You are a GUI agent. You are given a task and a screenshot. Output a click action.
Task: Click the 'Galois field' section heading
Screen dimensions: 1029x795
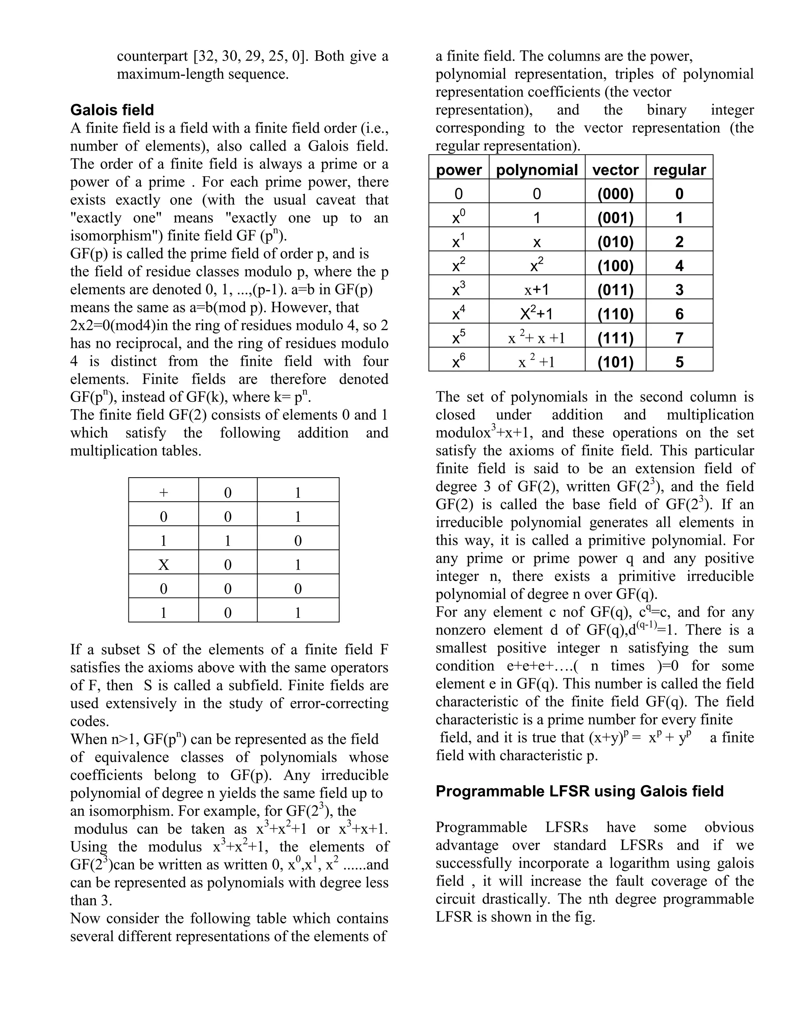click(112, 110)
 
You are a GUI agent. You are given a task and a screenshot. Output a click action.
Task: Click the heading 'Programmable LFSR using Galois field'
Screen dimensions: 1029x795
click(579, 791)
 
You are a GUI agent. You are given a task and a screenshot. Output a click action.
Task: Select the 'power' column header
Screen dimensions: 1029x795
click(459, 170)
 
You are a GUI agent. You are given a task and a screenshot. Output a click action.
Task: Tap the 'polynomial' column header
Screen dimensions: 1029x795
click(537, 170)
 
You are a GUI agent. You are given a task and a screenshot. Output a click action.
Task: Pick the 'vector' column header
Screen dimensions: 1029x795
click(615, 170)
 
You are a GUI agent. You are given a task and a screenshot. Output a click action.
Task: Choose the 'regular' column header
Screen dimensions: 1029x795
click(679, 170)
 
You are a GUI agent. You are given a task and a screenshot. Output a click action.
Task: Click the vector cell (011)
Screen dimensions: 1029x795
click(615, 290)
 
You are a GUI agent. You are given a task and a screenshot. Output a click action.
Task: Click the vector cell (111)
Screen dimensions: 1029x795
click(615, 338)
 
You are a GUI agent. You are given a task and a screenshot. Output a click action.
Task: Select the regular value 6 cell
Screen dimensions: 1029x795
click(679, 314)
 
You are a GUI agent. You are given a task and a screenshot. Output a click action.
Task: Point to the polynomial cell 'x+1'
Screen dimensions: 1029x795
click(537, 290)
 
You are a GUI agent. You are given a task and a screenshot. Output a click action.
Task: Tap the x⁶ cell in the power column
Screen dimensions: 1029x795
click(459, 362)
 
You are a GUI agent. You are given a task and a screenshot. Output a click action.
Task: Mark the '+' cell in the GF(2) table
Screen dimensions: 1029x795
click(163, 493)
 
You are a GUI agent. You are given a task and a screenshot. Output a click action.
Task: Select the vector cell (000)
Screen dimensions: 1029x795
click(615, 194)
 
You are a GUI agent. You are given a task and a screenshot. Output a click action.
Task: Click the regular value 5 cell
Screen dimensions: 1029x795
click(679, 362)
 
